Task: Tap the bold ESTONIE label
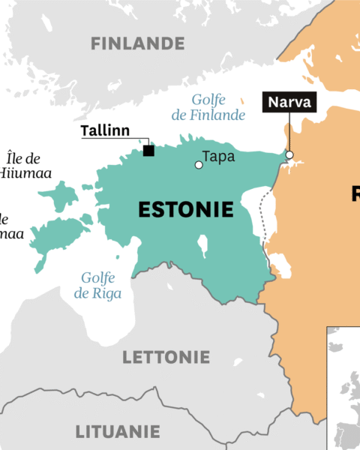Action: (186, 211)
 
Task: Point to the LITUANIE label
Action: (117, 432)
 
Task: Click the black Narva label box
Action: (288, 102)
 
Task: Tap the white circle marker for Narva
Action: (289, 156)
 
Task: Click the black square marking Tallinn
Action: (148, 151)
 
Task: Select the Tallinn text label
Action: (105, 131)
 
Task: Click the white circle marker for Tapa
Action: (198, 164)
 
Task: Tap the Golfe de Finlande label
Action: (218, 107)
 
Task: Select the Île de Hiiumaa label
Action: (22, 166)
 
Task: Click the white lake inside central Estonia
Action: (202, 245)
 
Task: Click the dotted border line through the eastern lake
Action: (263, 217)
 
